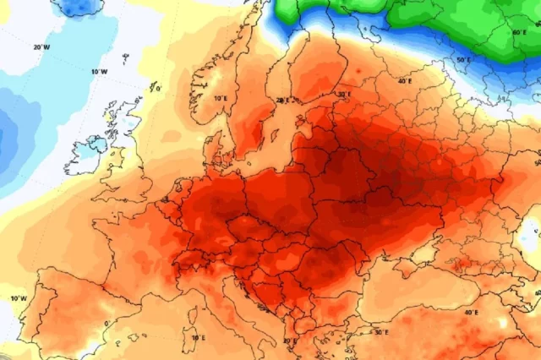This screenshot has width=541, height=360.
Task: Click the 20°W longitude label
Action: [x=41, y=47]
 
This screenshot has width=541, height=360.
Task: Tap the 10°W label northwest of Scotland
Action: [x=99, y=72]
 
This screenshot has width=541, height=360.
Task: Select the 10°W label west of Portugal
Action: [x=17, y=298]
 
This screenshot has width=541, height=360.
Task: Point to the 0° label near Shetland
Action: [x=158, y=88]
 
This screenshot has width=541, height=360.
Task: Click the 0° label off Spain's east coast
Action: [x=107, y=323]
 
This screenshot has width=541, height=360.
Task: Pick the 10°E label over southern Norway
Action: [x=221, y=98]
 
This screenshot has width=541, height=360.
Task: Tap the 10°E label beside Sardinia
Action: [x=197, y=337]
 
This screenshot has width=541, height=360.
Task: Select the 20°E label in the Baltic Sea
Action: [x=281, y=100]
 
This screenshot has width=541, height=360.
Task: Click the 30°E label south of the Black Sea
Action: [x=380, y=332]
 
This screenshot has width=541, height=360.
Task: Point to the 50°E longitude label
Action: [x=462, y=61]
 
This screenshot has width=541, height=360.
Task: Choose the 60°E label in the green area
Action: [x=519, y=32]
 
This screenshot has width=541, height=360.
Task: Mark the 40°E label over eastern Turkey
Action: [x=470, y=312]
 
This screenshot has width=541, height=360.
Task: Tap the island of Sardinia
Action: [x=188, y=322]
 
